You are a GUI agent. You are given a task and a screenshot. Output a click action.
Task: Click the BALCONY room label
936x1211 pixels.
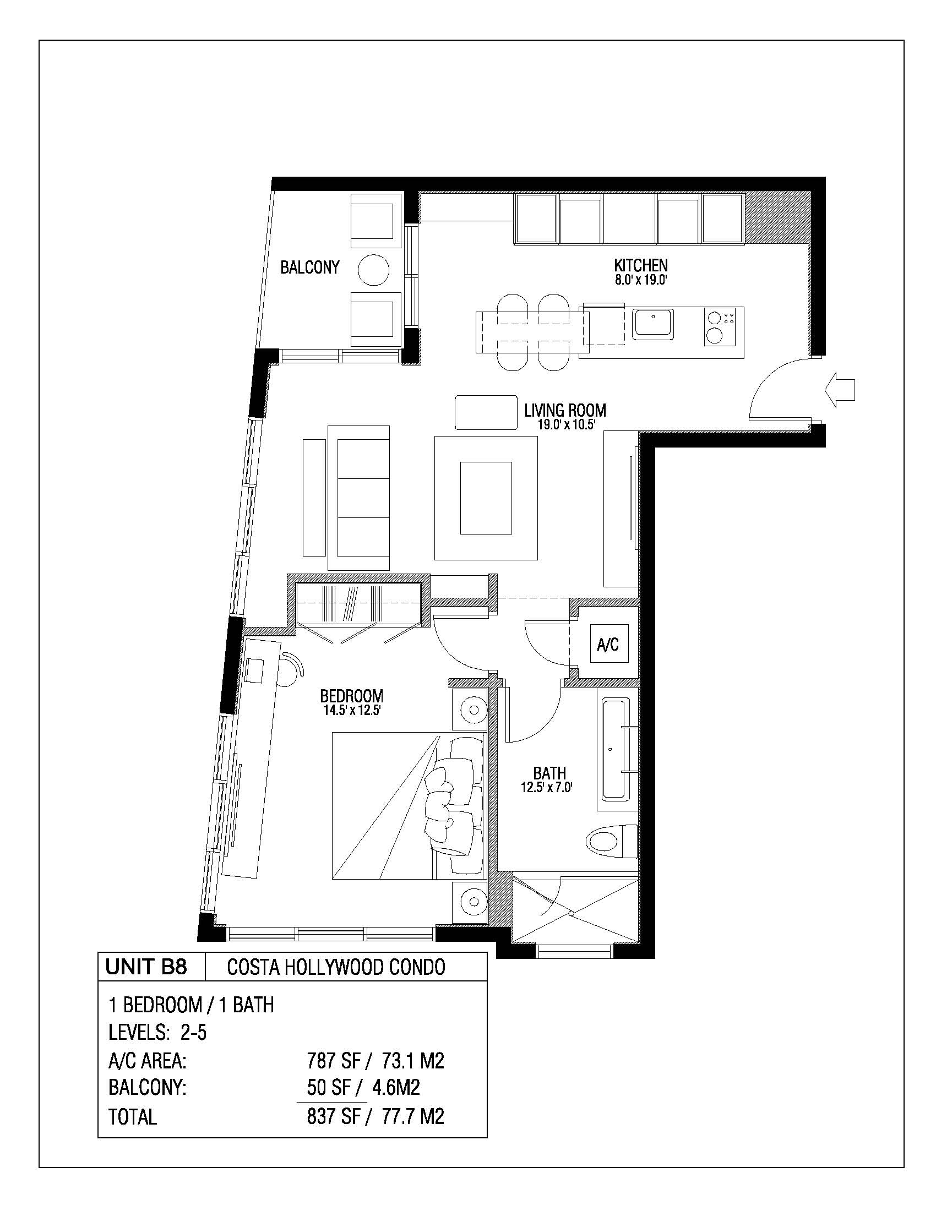pyautogui.click(x=309, y=268)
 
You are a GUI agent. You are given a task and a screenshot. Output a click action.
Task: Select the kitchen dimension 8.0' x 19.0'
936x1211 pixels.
pyautogui.click(x=640, y=280)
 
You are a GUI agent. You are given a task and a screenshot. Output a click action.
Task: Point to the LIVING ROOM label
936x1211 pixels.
pyautogui.click(x=565, y=410)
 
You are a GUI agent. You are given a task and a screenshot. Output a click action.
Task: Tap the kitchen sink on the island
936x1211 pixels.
pyautogui.click(x=653, y=324)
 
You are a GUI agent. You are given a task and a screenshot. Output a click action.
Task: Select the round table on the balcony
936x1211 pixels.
pyautogui.click(x=374, y=270)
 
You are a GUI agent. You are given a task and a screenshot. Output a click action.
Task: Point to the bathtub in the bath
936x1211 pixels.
pyautogui.click(x=614, y=750)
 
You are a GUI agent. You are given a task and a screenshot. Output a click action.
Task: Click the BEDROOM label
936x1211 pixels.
pyautogui.click(x=352, y=696)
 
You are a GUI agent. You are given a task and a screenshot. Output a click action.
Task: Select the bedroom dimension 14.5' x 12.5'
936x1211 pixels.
pyautogui.click(x=352, y=710)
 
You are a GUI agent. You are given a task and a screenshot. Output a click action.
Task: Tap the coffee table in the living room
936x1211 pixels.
pyautogui.click(x=486, y=498)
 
